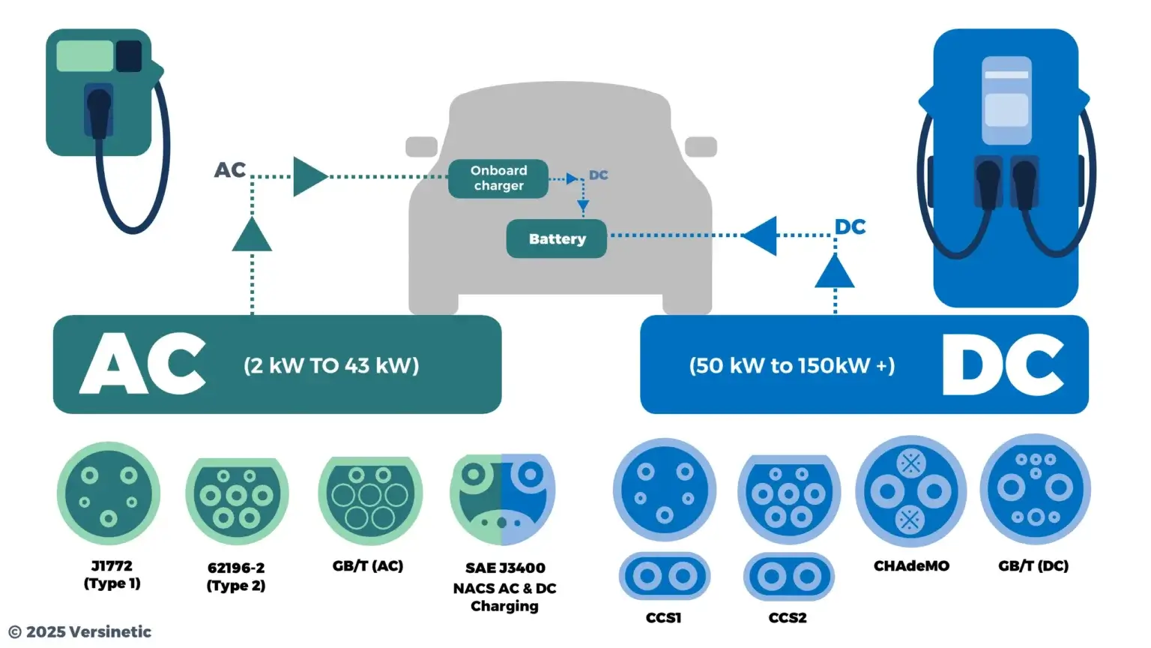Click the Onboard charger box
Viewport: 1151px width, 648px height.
(498, 178)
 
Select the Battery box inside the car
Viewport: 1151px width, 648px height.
(557, 238)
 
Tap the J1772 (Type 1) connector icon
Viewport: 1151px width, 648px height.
(109, 493)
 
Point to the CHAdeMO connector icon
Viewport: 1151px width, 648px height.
(910, 491)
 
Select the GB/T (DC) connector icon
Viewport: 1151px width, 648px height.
(1035, 489)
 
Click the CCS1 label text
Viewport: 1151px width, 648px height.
(664, 618)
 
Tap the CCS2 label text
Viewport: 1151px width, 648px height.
(788, 618)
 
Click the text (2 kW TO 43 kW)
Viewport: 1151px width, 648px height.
(331, 366)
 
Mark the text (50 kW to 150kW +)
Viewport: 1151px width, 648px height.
(792, 366)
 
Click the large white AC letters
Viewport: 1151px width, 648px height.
(142, 364)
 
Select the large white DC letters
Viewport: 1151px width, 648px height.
(1003, 364)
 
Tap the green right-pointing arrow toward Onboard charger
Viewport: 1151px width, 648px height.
(309, 176)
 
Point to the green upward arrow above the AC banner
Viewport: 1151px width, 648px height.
(252, 235)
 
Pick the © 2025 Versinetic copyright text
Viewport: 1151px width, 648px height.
(80, 632)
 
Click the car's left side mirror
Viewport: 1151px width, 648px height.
(421, 146)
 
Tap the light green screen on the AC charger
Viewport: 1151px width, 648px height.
(85, 56)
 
